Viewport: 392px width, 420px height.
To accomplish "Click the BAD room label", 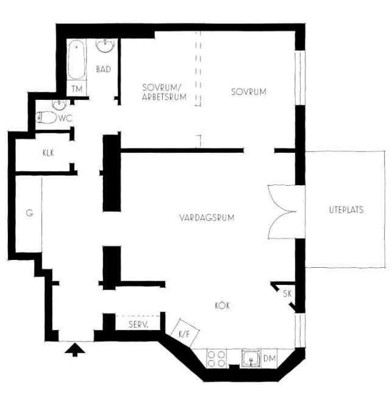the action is point(103,69).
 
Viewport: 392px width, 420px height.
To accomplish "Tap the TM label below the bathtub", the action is point(77,89).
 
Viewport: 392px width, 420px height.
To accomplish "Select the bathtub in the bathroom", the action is point(76,60).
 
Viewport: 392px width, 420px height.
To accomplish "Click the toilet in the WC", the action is point(46,117).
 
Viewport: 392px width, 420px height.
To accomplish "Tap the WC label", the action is point(65,118).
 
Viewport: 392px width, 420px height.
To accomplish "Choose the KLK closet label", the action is point(48,153).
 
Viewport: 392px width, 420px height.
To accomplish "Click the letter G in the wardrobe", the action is point(29,213).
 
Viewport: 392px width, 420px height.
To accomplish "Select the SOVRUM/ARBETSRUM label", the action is point(163,92).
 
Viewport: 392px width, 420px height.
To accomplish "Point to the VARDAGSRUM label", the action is point(207,217).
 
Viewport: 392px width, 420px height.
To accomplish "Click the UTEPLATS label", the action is point(346,209).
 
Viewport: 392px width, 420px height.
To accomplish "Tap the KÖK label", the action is point(223,305).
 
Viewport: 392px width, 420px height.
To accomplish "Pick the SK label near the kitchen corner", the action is point(287,293).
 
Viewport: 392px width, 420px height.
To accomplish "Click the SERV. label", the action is point(138,324).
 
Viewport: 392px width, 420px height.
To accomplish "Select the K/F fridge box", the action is point(185,333).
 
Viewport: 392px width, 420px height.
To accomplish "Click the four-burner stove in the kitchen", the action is point(216,359).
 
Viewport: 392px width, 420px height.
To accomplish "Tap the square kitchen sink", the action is point(251,358).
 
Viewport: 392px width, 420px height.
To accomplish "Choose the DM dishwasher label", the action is point(269,358).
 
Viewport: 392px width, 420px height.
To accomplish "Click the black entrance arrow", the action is point(75,350).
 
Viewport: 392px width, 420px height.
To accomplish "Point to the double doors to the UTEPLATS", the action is point(282,212).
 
